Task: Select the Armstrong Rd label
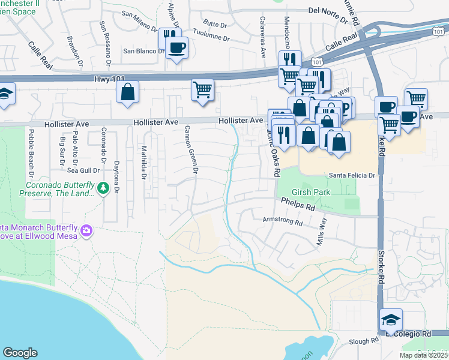pyautogui.click(x=283, y=221)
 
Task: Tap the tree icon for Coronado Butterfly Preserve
pyautogui.click(x=103, y=188)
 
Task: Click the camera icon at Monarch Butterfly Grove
pyautogui.click(x=87, y=230)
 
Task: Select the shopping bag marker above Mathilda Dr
pyautogui.click(x=127, y=92)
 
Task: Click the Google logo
pyautogui.click(x=20, y=353)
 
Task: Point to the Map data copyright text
pyautogui.click(x=424, y=355)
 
